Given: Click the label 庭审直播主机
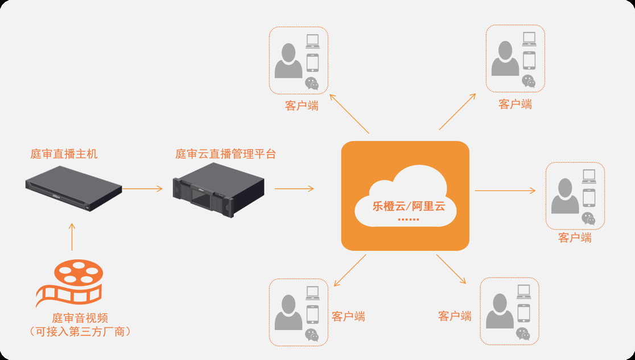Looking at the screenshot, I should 64,154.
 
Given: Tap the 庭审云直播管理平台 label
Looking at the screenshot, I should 225,154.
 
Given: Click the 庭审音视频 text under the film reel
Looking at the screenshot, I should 80,318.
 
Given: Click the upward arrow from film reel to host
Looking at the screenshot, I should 72,237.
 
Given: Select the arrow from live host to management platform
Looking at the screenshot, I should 142,188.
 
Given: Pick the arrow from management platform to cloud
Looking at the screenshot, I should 294,188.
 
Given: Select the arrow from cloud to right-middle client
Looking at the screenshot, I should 505,191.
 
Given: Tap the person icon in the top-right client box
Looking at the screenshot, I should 505,59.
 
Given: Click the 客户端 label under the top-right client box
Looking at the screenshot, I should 515,104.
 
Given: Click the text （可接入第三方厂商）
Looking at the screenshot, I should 80,331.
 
